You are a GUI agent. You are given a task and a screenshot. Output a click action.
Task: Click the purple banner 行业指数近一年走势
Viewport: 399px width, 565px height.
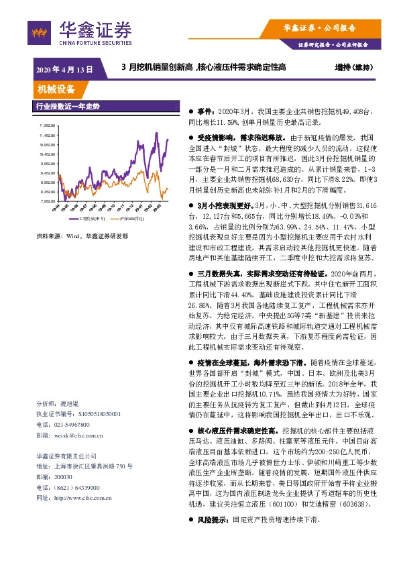click(x=67, y=107)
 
